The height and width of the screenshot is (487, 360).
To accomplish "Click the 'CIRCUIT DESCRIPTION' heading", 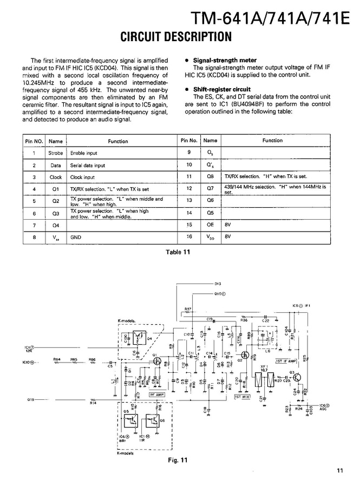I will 175,37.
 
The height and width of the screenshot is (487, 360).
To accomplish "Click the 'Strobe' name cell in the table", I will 56,153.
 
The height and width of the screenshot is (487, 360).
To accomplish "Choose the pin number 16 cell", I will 189,236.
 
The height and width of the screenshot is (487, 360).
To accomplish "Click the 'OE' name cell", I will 211,224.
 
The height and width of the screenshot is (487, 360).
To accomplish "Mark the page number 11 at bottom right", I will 339,470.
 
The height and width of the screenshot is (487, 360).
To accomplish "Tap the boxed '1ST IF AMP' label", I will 286,360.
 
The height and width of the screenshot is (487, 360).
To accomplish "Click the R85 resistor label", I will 73,359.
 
